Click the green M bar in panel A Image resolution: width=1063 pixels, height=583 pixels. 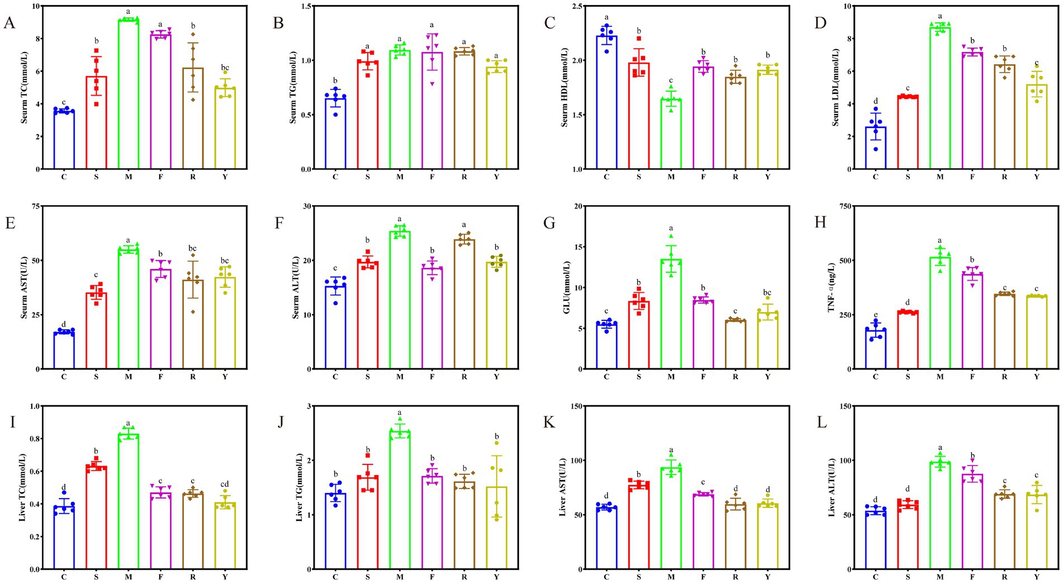[x=129, y=95]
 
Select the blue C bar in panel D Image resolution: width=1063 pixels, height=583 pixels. [x=875, y=148]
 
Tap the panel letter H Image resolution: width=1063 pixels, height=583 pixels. [x=820, y=222]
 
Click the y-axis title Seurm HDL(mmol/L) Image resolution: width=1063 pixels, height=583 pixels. [x=564, y=87]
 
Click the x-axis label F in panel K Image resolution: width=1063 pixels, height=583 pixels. [x=703, y=576]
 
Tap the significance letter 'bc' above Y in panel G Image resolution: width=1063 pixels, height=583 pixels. [x=767, y=292]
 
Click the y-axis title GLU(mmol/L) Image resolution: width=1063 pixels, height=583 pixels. [x=566, y=287]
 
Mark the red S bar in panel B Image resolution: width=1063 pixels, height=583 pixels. [x=368, y=115]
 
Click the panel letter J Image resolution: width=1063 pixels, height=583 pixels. [x=280, y=422]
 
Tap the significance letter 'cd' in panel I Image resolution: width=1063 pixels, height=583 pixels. [x=225, y=484]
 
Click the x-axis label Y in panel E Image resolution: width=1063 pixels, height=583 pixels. [x=225, y=377]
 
